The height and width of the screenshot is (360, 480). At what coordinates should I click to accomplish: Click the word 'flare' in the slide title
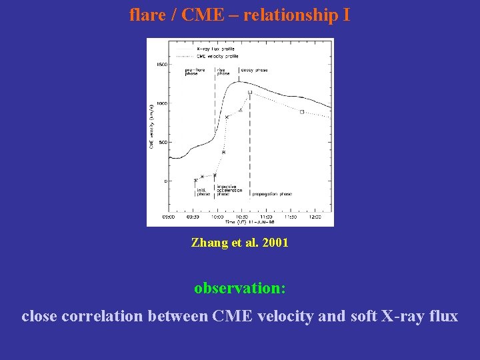(143, 15)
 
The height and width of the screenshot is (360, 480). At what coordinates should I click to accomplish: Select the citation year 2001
(275, 243)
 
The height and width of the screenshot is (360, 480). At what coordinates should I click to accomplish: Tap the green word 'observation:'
(240, 288)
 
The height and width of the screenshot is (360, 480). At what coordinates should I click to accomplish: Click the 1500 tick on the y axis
(161, 65)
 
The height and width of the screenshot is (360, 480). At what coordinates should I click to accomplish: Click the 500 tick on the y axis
(163, 142)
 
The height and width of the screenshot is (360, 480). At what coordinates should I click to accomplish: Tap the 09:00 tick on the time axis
(169, 217)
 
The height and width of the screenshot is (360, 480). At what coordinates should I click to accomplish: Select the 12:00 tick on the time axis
(315, 217)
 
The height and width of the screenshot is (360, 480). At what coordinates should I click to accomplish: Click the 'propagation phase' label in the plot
(271, 194)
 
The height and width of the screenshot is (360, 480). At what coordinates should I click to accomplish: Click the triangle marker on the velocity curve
(241, 109)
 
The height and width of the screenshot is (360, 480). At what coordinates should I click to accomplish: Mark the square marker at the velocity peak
(250, 93)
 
